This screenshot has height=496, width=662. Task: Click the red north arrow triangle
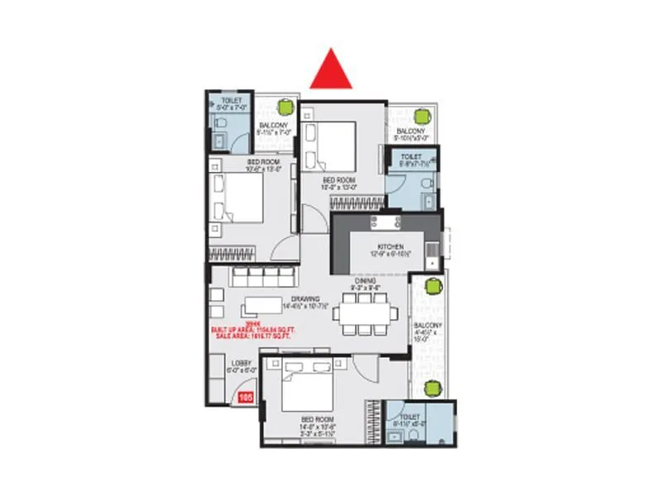[331, 71]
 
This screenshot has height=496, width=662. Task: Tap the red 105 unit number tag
[245, 398]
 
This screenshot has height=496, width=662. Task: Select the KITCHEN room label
[391, 247]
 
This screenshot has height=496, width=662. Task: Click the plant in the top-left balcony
[285, 106]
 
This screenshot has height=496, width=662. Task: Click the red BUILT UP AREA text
[254, 330]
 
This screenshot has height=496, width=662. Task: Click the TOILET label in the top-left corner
[220, 100]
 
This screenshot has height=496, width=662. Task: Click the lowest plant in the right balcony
[432, 388]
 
